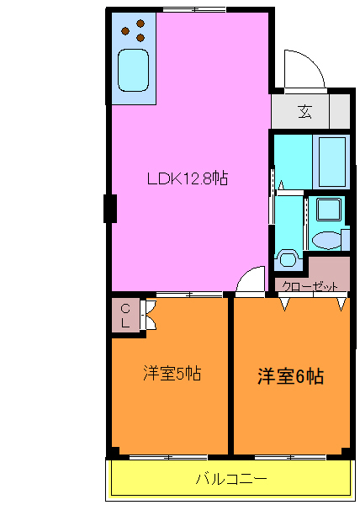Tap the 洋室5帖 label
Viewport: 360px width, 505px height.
[171, 373]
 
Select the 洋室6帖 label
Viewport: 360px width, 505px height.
[289, 376]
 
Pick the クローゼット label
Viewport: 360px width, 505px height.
[308, 285]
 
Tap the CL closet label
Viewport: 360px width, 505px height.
[124, 315]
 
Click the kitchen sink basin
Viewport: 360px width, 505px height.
[134, 70]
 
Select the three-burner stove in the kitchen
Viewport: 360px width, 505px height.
[132, 33]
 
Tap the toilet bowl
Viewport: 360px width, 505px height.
[288, 258]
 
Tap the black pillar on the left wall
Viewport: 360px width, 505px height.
[109, 208]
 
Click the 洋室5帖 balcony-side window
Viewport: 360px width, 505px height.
[168, 457]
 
